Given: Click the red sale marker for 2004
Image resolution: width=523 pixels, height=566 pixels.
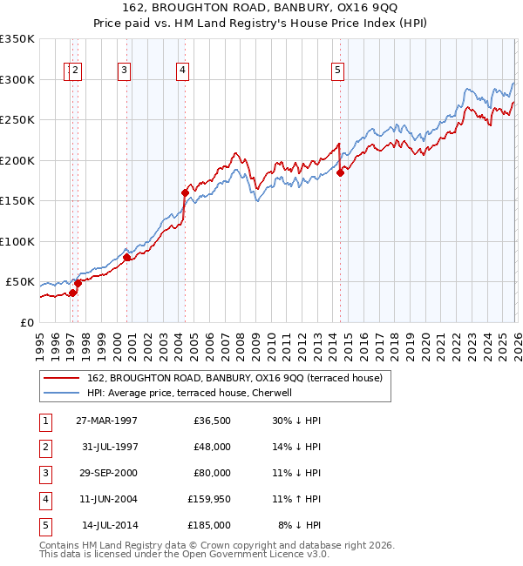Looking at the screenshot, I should point(185,192).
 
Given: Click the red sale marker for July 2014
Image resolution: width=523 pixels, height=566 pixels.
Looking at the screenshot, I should point(340,173).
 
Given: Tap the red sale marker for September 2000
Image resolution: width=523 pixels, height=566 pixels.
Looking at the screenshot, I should point(126,257).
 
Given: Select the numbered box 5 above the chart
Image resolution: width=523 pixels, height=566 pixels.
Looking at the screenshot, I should point(337,71).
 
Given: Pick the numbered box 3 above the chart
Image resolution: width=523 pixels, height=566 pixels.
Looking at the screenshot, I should point(125,71).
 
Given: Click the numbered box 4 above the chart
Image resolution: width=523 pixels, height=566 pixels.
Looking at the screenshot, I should point(182,71).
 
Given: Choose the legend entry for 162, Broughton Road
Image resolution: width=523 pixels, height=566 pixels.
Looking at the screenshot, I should point(235,378).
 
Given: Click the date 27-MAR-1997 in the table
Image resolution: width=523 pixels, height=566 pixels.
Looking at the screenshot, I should point(106,421).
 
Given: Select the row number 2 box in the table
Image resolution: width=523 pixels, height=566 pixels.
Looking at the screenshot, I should point(44,447).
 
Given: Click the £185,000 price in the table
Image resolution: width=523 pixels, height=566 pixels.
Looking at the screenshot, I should point(207,525).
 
